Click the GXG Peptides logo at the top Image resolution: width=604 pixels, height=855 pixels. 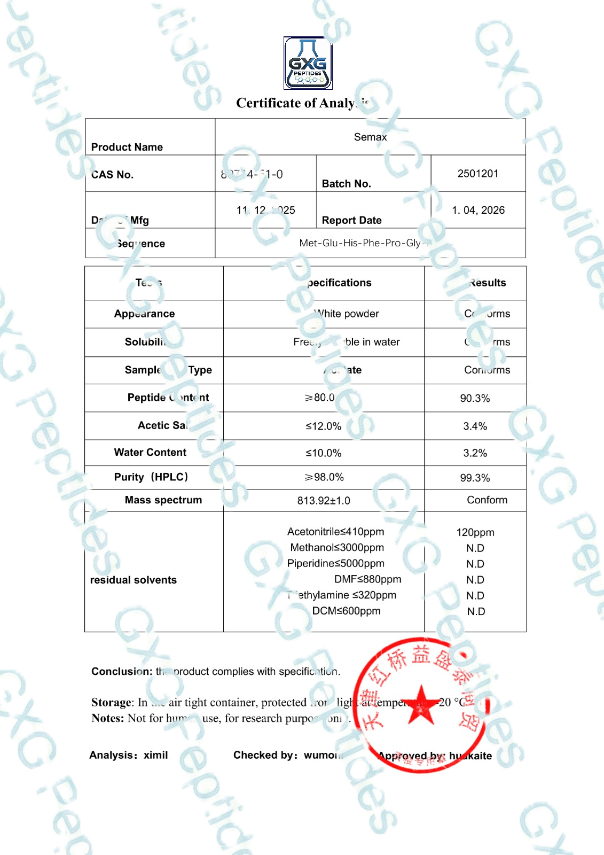tap(308, 63)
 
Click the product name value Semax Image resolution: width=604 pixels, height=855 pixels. tap(370, 137)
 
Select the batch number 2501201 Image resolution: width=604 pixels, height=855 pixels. tap(478, 174)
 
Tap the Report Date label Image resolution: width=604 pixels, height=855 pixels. tap(351, 220)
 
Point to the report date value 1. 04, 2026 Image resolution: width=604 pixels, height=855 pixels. tap(478, 211)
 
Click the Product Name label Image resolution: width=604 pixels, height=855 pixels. tap(127, 147)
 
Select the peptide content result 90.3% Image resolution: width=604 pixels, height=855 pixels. tap(475, 399)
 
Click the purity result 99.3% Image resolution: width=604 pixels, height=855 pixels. tap(475, 478)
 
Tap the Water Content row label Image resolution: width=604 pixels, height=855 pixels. tap(150, 453)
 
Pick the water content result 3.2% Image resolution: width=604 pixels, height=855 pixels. tap(475, 453)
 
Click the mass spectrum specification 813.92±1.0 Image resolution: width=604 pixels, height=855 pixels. tap(324, 501)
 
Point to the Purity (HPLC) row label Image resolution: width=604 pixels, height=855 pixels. tap(151, 477)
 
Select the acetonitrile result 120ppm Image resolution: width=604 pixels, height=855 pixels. tap(475, 532)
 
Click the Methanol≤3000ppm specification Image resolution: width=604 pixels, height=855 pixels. tap(337, 548)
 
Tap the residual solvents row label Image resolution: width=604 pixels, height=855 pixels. tap(134, 580)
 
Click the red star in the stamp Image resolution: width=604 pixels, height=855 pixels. tap(421, 705)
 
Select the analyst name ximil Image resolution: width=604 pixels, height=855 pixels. tap(156, 755)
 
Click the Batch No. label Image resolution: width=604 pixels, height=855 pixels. tap(346, 184)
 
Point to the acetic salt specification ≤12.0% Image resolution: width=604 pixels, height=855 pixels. tap(323, 426)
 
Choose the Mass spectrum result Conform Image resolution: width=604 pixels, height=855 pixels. tap(487, 500)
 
